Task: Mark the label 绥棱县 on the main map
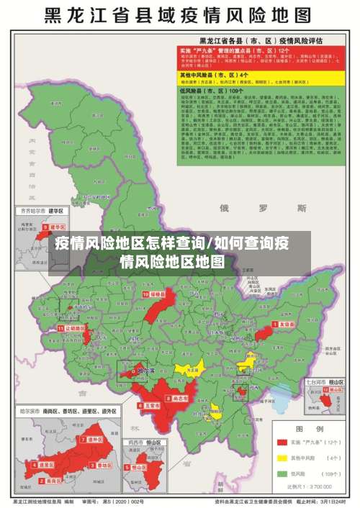pos(157,295)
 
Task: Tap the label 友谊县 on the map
pos(286,325)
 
